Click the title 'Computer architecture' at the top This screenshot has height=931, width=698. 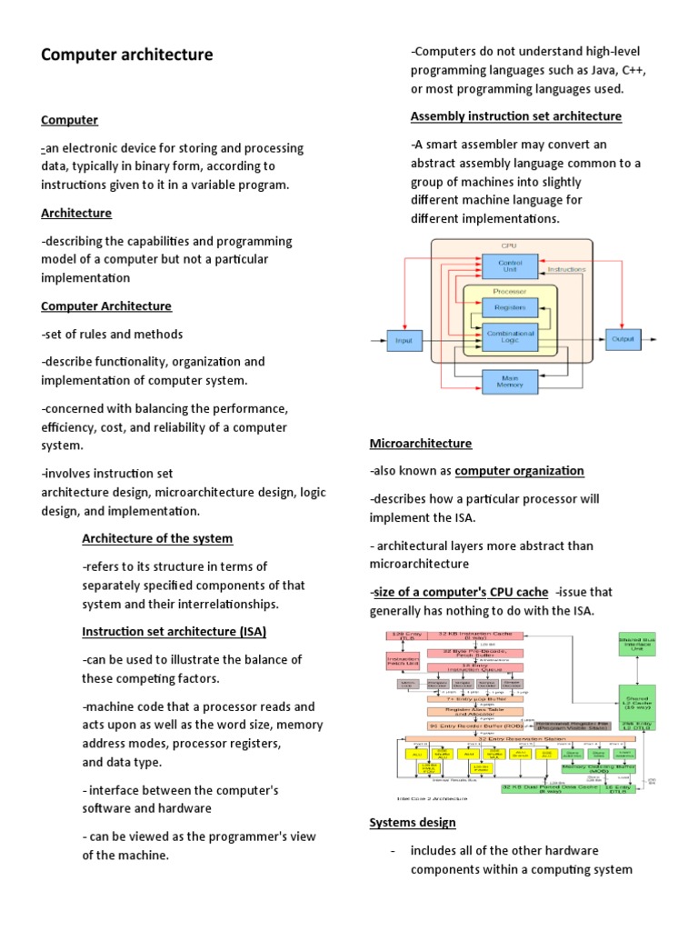click(x=127, y=55)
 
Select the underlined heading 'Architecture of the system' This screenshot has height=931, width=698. click(x=157, y=538)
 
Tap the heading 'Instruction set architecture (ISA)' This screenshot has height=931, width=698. click(x=174, y=631)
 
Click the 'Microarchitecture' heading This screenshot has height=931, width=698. click(x=420, y=443)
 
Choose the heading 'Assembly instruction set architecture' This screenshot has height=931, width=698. click(x=515, y=116)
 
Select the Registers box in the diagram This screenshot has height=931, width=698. click(x=509, y=307)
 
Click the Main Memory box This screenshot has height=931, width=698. click(x=509, y=381)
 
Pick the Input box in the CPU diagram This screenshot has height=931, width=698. click(x=403, y=341)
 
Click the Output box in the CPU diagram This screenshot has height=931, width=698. click(x=623, y=338)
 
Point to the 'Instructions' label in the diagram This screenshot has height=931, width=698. click(x=566, y=269)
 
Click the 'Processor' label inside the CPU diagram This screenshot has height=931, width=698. click(x=509, y=291)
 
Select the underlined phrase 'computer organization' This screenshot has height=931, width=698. click(x=519, y=470)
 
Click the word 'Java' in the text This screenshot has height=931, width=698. click(x=591, y=70)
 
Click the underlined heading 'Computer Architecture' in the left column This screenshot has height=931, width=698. click(x=106, y=305)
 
